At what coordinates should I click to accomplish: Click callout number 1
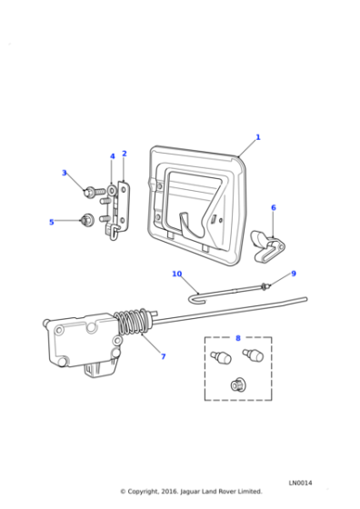(257, 137)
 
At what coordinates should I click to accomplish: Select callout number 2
(125, 154)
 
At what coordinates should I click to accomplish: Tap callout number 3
(64, 173)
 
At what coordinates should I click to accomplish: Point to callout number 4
(113, 156)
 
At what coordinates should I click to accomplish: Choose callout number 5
(51, 222)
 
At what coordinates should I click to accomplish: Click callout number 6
(273, 208)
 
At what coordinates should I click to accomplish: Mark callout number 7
(163, 356)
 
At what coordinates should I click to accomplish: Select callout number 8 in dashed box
(238, 338)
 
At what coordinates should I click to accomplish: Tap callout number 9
(293, 274)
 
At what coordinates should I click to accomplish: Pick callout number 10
(177, 274)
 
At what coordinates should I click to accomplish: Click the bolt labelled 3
(91, 192)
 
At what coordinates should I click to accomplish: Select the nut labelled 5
(86, 219)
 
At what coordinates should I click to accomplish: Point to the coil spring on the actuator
(133, 324)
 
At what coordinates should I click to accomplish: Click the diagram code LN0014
(300, 483)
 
